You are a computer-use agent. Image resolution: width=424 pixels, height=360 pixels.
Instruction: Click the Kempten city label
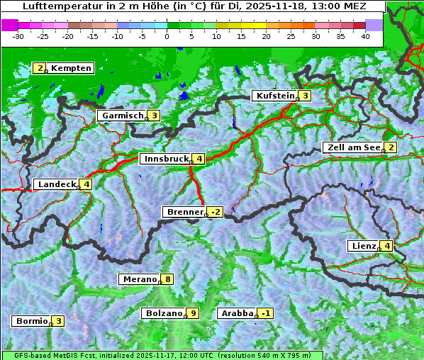pyautogui.click(x=71, y=68)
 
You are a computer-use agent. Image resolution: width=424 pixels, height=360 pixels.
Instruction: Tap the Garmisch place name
pyautogui.click(x=123, y=116)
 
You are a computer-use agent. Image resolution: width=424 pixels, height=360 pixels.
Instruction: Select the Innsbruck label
pyautogui.click(x=165, y=159)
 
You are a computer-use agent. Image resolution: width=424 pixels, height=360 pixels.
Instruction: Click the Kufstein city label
pyautogui.click(x=274, y=96)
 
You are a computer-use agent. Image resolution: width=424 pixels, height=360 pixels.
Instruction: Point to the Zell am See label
pyautogui.click(x=352, y=147)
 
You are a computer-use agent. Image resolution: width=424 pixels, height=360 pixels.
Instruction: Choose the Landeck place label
pyautogui.click(x=57, y=184)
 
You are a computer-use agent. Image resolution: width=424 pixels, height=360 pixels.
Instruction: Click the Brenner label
pyautogui.click(x=184, y=212)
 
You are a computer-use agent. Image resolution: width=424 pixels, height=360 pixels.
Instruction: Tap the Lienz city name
pyautogui.click(x=364, y=246)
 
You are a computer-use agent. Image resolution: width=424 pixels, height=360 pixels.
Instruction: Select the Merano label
pyautogui.click(x=140, y=279)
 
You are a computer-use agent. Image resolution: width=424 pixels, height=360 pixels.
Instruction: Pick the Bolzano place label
pyautogui.click(x=164, y=313)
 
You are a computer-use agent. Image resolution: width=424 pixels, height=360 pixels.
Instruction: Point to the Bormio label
pyautogui.click(x=31, y=321)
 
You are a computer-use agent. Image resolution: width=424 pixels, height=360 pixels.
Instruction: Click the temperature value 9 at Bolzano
pyautogui.click(x=192, y=313)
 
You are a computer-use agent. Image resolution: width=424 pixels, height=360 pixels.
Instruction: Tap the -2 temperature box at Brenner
pyautogui.click(x=216, y=212)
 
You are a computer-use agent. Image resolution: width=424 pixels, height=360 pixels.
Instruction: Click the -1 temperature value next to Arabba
pyautogui.click(x=265, y=313)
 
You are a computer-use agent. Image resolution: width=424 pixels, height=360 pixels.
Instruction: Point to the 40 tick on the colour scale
pyautogui.click(x=365, y=36)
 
